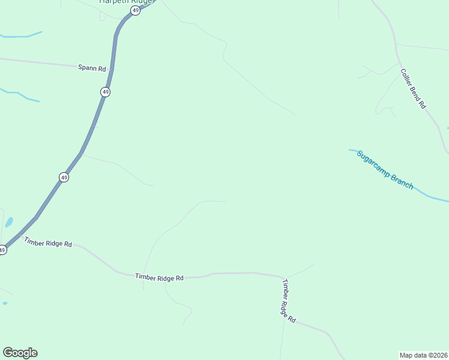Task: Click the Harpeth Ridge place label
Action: click(125, 2)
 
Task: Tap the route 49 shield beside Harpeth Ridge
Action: click(136, 11)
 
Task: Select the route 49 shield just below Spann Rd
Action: click(106, 92)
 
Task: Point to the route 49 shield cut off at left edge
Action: click(2, 250)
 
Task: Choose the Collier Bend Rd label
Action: click(413, 88)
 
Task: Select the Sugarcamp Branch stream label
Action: click(385, 170)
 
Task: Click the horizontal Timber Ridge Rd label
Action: click(159, 277)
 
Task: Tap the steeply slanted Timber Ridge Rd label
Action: click(289, 302)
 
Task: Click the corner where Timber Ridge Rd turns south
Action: click(283, 277)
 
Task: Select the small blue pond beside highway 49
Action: click(9, 223)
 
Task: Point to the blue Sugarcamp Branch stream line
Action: click(432, 197)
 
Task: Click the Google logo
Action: click(20, 353)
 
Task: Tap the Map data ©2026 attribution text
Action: click(424, 355)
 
